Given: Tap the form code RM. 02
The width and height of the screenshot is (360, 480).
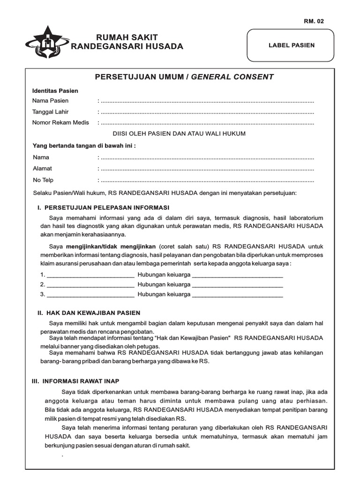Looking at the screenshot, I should pyautogui.click(x=314, y=21).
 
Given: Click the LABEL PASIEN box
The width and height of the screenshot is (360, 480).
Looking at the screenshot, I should pyautogui.click(x=291, y=45).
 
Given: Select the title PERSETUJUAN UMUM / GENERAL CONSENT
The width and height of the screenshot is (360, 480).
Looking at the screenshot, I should pyautogui.click(x=184, y=77).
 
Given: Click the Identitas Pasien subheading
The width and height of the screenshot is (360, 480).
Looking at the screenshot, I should pyautogui.click(x=55, y=90).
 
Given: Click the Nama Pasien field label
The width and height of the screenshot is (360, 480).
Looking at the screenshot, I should pyautogui.click(x=50, y=101).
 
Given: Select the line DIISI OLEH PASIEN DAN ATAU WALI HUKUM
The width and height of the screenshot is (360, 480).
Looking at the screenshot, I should pyautogui.click(x=182, y=134).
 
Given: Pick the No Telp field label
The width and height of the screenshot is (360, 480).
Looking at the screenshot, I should pyautogui.click(x=43, y=180).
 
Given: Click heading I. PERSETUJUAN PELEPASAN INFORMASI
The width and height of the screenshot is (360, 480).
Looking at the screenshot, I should pyautogui.click(x=103, y=207).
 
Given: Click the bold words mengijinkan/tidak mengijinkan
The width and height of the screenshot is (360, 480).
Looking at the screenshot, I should pyautogui.click(x=111, y=246).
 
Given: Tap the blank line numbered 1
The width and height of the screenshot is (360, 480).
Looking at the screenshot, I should pyautogui.click(x=90, y=275).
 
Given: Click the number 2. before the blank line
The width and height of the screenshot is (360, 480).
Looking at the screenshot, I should pyautogui.click(x=43, y=285).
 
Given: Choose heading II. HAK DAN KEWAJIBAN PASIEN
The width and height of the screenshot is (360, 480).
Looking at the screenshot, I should pyautogui.click(x=89, y=313).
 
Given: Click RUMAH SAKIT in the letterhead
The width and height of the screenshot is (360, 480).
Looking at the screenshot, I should pyautogui.click(x=127, y=37).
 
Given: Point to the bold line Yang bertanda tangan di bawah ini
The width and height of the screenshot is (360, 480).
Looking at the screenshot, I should pyautogui.click(x=83, y=146).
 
